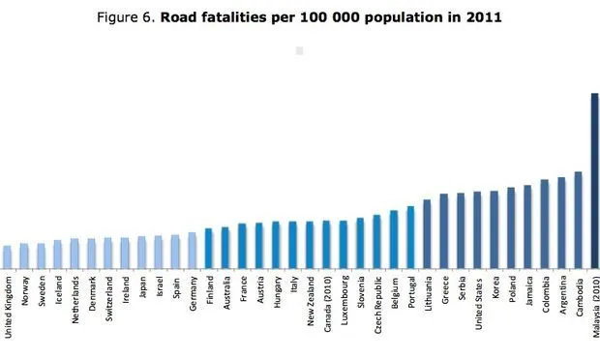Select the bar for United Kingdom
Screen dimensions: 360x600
pos(8,255)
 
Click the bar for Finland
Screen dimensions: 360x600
pos(209,247)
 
